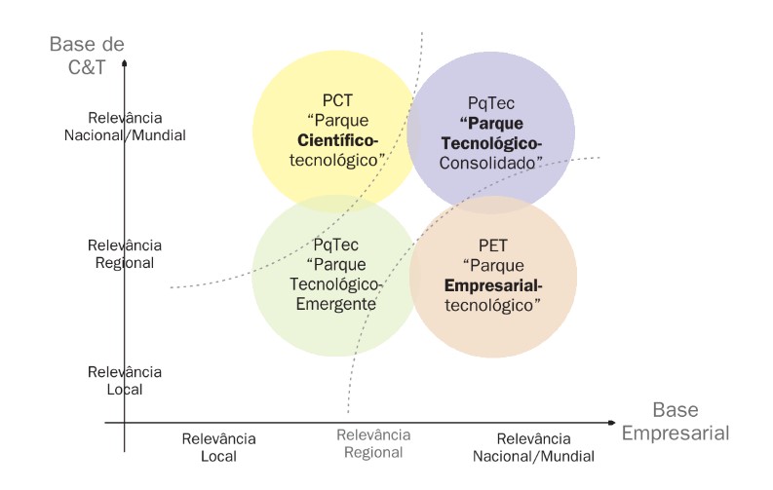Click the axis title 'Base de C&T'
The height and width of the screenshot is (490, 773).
pyautogui.click(x=87, y=56)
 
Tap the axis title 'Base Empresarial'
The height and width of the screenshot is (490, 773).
pyautogui.click(x=676, y=422)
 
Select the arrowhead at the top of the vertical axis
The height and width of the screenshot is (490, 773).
pyautogui.click(x=124, y=63)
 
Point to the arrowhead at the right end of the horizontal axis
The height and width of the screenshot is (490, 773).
pyautogui.click(x=612, y=423)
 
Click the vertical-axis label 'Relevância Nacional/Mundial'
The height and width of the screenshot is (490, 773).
pyautogui.click(x=125, y=127)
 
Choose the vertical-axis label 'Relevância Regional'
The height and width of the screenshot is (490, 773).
pyautogui.click(x=125, y=254)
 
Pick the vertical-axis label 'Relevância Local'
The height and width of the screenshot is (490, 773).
pyautogui.click(x=125, y=381)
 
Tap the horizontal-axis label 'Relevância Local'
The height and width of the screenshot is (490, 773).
pyautogui.click(x=219, y=448)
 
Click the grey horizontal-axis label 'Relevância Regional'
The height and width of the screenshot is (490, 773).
pyautogui.click(x=373, y=443)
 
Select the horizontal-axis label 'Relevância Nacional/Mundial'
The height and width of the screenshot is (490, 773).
pyautogui.click(x=533, y=448)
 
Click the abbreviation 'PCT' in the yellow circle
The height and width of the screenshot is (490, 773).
pyautogui.click(x=337, y=100)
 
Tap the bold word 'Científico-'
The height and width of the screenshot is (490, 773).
pyautogui.click(x=337, y=140)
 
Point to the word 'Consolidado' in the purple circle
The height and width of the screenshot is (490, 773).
pyautogui.click(x=488, y=163)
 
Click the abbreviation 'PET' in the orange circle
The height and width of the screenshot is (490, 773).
pyautogui.click(x=493, y=245)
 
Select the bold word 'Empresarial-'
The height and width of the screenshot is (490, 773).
pyautogui.click(x=493, y=285)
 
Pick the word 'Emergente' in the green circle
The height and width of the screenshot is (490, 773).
pyautogui.click(x=335, y=304)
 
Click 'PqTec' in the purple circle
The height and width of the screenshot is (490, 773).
pyautogui.click(x=491, y=103)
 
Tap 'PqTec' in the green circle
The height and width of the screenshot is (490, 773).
pyautogui.click(x=335, y=245)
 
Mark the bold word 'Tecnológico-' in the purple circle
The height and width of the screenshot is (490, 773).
pyautogui.click(x=491, y=143)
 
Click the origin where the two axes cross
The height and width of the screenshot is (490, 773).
pyautogui.click(x=124, y=423)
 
